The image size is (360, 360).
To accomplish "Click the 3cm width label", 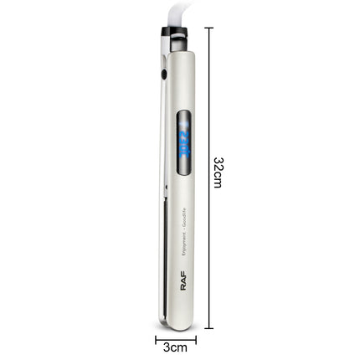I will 176,347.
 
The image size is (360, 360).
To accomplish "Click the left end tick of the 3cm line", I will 156,339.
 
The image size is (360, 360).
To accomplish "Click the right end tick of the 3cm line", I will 196,339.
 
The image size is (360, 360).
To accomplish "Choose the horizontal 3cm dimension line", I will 176,339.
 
